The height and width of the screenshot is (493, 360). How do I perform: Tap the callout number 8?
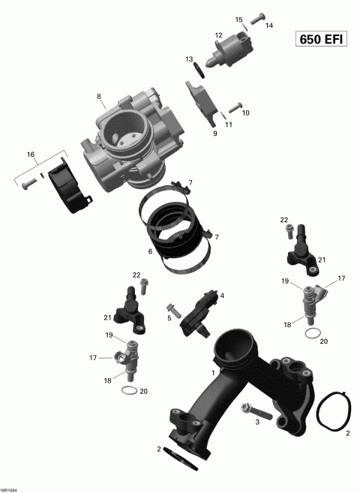[x=98, y=96]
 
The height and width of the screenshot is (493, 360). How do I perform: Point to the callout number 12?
[x=219, y=35]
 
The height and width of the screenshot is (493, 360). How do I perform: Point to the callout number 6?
[x=150, y=251]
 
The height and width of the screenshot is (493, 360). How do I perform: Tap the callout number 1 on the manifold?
[x=214, y=372]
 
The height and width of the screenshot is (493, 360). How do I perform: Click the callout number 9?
[x=214, y=134]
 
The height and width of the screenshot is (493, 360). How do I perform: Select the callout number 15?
[x=239, y=20]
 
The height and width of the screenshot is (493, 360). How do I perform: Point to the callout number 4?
[x=222, y=296]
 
